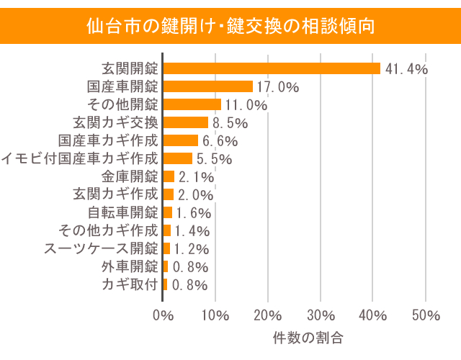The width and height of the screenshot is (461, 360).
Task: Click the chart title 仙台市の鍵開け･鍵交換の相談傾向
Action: click(230, 27)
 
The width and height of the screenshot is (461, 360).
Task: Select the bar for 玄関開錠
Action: click(272, 68)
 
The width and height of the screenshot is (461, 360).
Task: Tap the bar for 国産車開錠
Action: click(208, 86)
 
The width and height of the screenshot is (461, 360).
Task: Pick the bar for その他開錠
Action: click(192, 104)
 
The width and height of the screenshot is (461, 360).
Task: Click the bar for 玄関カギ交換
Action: click(186, 122)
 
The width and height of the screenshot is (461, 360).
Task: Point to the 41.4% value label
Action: click(407, 69)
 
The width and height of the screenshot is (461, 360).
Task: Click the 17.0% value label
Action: click(278, 87)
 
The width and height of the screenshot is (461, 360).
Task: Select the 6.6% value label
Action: click(220, 141)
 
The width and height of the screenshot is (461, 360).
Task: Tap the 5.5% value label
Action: click(215, 159)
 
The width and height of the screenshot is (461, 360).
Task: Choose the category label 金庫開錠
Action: click(130, 176)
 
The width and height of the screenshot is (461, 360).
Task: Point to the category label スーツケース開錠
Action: click(101, 248)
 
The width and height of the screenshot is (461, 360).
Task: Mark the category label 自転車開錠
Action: click(122, 212)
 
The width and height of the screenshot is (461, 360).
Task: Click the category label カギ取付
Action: click(130, 284)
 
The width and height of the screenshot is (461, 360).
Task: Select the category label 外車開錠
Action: click(130, 266)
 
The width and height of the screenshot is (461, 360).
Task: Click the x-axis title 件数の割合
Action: click(308, 337)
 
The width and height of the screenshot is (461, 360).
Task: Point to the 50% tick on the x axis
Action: click(426, 315)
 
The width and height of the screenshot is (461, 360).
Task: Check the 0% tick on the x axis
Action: click(164, 315)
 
